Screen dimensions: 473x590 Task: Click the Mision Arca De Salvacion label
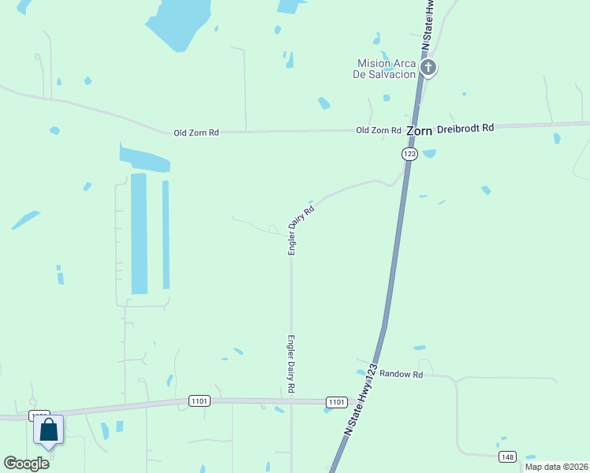pos(386,69)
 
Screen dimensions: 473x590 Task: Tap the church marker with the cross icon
pos(428,68)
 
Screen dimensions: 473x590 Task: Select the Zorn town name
pos(419,132)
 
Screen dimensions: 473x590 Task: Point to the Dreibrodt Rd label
pos(465,127)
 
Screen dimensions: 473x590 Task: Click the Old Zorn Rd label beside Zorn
pos(379,130)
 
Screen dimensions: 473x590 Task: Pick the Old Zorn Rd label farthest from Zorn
pos(196,133)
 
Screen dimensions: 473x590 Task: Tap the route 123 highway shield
pos(409,155)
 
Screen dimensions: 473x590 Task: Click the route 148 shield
pos(507,457)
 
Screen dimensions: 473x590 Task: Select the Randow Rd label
pos(401,374)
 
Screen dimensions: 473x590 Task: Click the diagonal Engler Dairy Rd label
pos(301,229)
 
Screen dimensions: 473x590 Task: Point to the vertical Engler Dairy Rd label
pos(291,364)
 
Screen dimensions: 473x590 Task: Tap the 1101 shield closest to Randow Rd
pos(335,402)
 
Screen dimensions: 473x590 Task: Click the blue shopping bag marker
pos(48,430)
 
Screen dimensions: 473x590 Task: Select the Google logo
pos(27,463)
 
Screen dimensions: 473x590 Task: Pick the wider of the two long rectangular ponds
pos(139,233)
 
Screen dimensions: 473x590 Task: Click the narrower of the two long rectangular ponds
pos(166,234)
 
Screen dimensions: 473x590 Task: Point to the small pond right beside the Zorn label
pos(429,153)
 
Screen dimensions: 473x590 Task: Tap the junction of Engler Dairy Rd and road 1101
pos(292,400)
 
